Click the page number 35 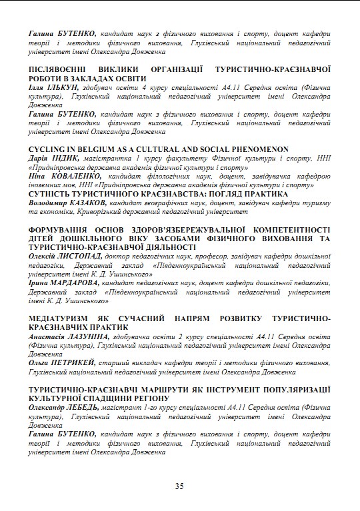179,486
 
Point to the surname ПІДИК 65,159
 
